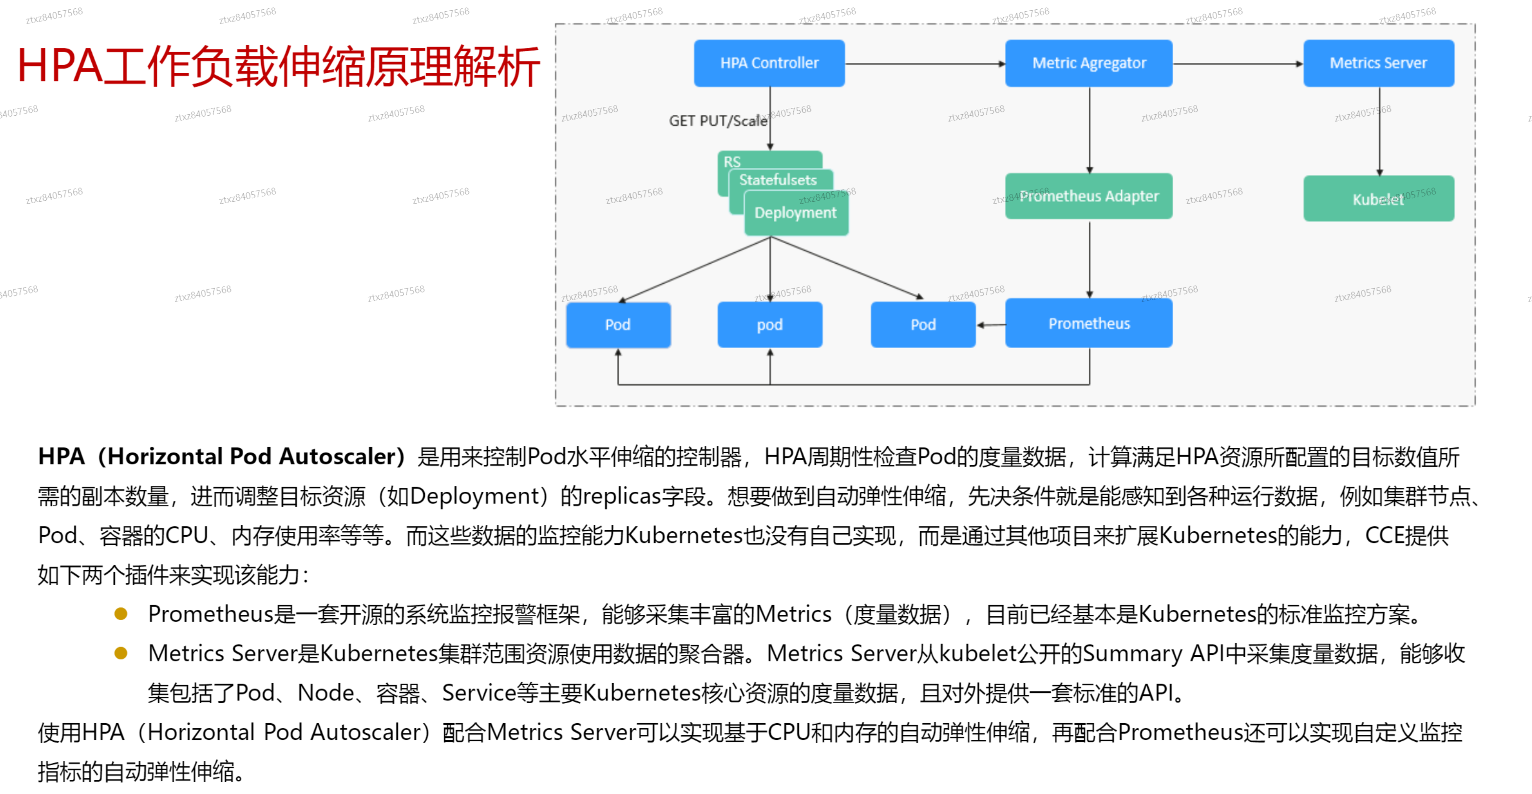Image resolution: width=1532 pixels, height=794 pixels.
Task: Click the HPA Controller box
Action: [769, 63]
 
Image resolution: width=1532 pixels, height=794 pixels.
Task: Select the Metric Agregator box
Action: [1088, 63]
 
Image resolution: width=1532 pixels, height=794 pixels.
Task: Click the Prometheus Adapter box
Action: [1088, 196]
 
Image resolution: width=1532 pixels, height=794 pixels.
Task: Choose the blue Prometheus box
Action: [1088, 324]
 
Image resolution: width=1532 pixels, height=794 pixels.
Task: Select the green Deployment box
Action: [795, 213]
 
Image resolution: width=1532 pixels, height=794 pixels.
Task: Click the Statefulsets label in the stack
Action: [777, 180]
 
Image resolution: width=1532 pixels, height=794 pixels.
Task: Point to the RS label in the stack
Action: [732, 161]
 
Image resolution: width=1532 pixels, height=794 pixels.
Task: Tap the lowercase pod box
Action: [769, 325]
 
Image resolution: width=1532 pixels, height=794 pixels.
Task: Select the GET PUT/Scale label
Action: [717, 121]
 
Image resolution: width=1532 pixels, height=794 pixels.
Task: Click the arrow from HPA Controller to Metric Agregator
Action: [925, 63]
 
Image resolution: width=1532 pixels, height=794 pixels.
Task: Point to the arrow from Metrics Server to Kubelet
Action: [1379, 131]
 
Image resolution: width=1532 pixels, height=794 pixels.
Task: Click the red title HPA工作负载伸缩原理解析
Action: [278, 66]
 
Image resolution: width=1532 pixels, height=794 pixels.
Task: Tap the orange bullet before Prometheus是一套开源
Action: [121, 614]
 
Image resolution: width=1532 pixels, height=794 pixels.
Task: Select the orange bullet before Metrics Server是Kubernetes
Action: [121, 653]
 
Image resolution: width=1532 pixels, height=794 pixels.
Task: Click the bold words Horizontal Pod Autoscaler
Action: [251, 457]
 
